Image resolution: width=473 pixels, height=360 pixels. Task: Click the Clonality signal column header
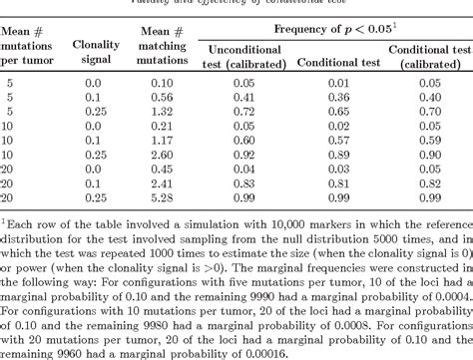[97, 52]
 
